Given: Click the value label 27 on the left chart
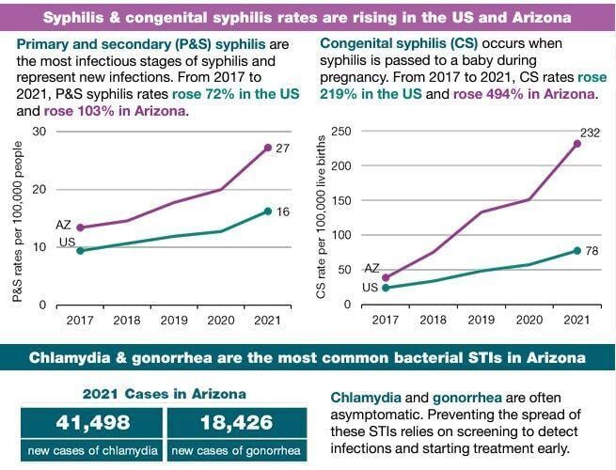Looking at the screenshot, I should point(282,149).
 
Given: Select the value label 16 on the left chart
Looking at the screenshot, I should point(282,212).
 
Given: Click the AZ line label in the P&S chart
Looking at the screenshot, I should point(64,226).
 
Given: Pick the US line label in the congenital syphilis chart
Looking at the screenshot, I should point(371,288).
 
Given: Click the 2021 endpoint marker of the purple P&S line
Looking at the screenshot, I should point(267,148).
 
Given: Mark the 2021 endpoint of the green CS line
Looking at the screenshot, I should point(577,250).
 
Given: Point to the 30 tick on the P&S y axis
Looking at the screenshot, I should point(39,131).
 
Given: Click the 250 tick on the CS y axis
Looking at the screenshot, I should point(341,131).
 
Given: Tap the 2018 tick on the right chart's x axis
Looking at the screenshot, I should point(433,321).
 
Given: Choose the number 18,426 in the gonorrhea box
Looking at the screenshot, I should point(236,423).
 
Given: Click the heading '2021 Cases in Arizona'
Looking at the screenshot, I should point(164,393).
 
